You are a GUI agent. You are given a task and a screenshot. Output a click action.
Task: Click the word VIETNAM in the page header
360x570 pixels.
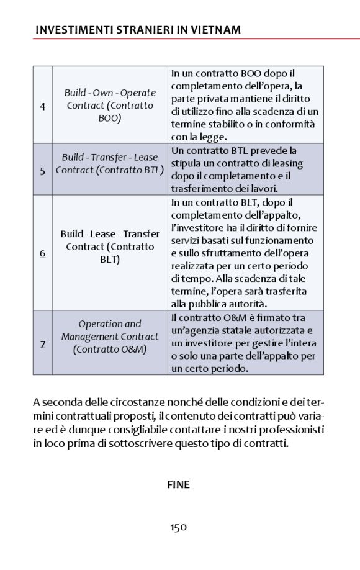pyautogui.click(x=215, y=30)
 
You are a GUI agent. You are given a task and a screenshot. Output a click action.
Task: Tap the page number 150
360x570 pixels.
pyautogui.click(x=179, y=527)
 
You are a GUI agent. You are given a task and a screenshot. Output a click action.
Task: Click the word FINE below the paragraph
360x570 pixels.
pyautogui.click(x=178, y=484)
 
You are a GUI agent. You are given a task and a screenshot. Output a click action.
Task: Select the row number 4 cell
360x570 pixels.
pyautogui.click(x=42, y=106)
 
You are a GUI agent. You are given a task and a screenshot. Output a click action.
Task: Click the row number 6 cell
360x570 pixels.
pyautogui.click(x=42, y=253)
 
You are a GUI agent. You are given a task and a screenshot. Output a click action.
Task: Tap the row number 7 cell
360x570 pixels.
pyautogui.click(x=42, y=343)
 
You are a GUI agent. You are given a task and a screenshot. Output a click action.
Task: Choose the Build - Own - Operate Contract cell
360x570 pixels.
pyautogui.click(x=110, y=106)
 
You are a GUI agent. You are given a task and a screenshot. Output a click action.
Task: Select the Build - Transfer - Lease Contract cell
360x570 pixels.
pyautogui.click(x=110, y=164)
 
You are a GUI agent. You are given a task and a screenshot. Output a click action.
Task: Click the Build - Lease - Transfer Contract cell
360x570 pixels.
pyautogui.click(x=110, y=247)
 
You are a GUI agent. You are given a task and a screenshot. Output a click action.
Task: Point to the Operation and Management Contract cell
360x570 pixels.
pyautogui.click(x=110, y=337)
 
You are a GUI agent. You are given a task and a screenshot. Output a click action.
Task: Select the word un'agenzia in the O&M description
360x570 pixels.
pyautogui.click(x=195, y=330)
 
